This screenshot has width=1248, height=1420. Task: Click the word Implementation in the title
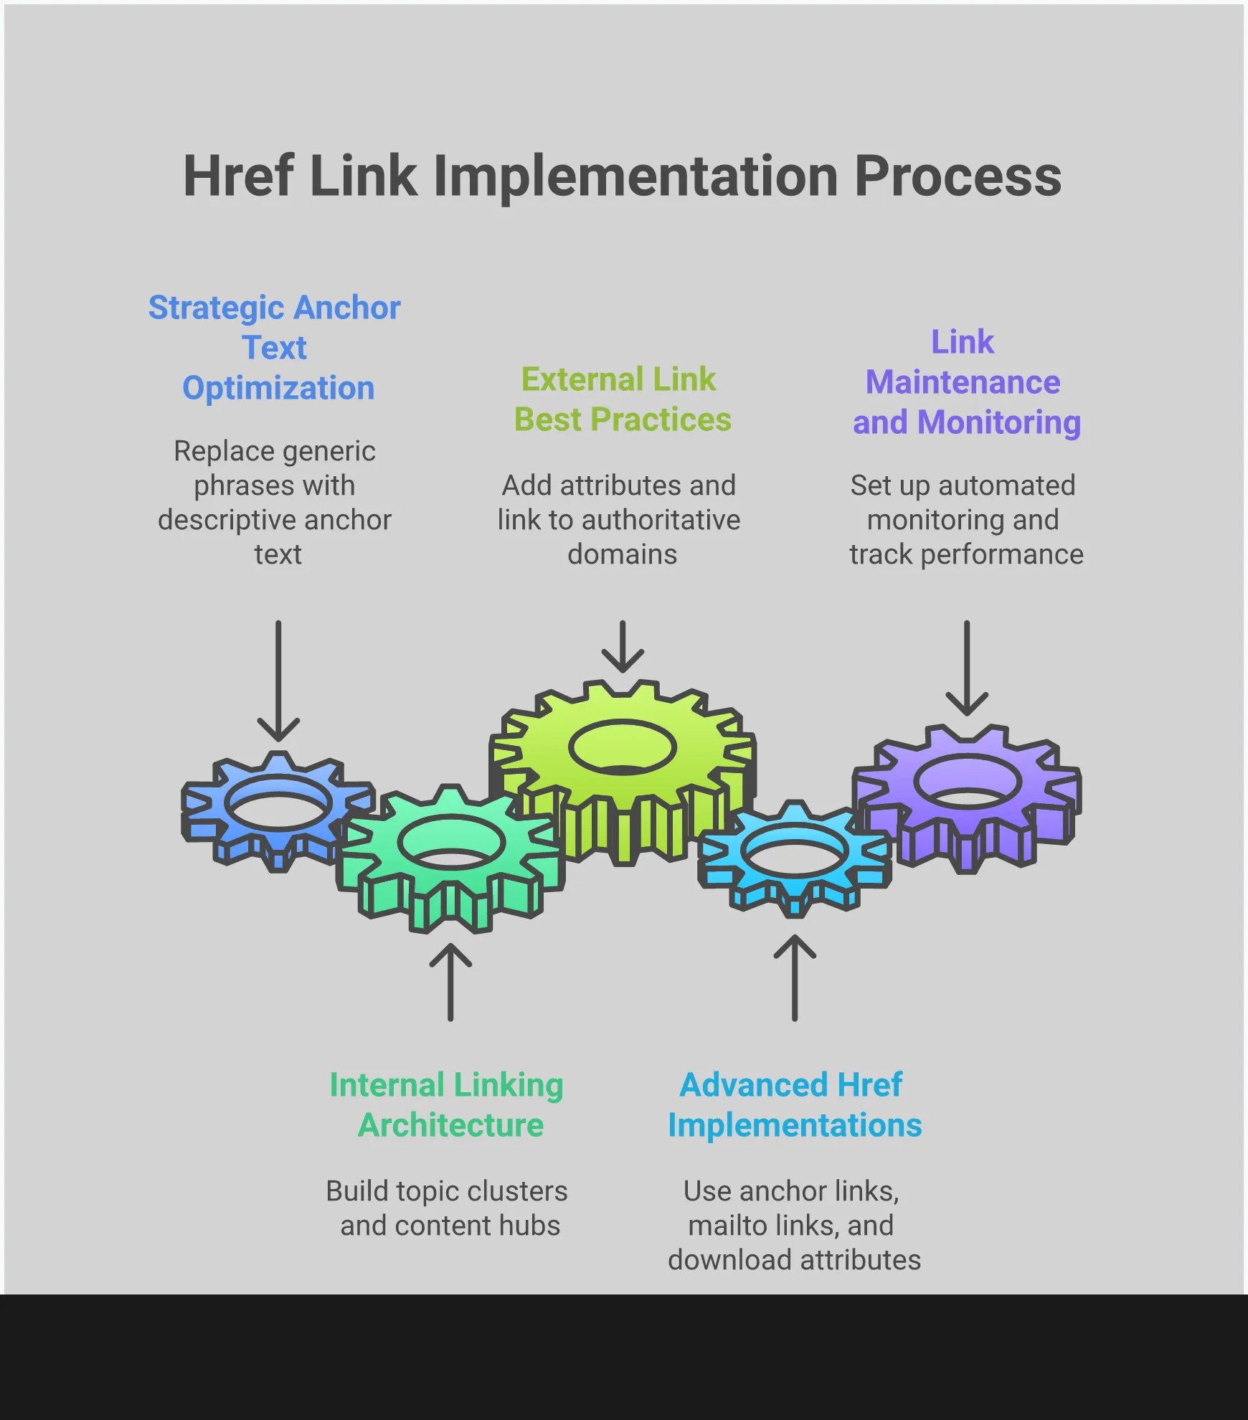635,177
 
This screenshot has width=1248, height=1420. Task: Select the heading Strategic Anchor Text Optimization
275,348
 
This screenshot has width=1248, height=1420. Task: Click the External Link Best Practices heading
621,399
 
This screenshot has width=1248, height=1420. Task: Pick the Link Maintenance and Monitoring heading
965,382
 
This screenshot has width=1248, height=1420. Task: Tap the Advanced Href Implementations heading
793,1105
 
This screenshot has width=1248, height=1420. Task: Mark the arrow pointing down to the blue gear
278,681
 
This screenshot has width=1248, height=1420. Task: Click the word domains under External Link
622,554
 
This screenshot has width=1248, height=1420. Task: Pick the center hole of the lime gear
623,747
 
